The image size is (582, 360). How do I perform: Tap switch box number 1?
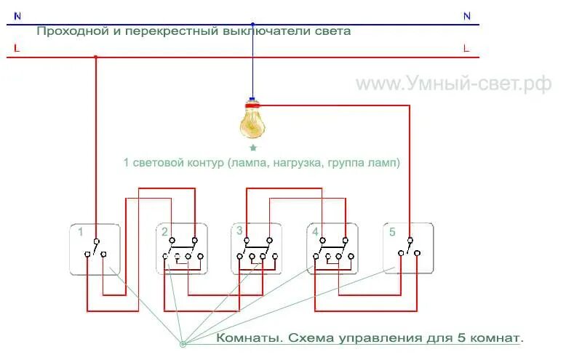click(95, 249)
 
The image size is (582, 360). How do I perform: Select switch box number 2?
click(182, 249)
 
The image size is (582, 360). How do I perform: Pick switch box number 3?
click(257, 249)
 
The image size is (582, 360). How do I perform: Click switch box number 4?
click(332, 249)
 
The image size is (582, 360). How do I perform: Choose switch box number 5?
click(408, 249)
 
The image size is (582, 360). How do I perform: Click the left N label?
click(17, 15)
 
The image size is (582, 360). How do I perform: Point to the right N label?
click(466, 15)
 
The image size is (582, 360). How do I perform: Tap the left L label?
click(16, 48)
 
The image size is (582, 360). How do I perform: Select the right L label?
click(466, 48)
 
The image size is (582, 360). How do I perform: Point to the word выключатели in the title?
click(267, 31)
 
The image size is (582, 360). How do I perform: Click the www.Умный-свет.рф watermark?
click(453, 84)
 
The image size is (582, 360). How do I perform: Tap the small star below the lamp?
click(253, 148)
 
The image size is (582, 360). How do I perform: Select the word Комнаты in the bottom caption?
click(247, 339)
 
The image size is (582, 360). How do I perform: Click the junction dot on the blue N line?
click(252, 24)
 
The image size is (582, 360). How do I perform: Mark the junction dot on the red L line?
click(95, 57)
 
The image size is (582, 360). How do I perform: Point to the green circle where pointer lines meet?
click(183, 344)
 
